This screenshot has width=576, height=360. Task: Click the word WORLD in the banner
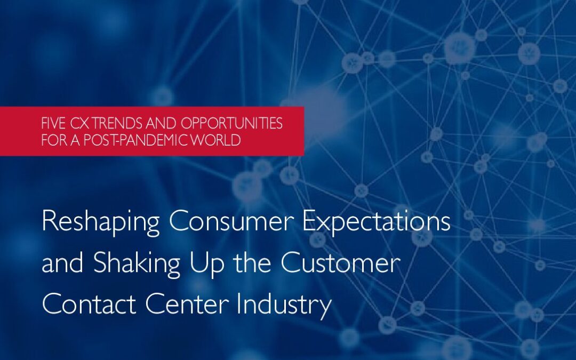coord(221,141)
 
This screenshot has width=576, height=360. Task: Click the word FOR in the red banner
coord(53,141)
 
